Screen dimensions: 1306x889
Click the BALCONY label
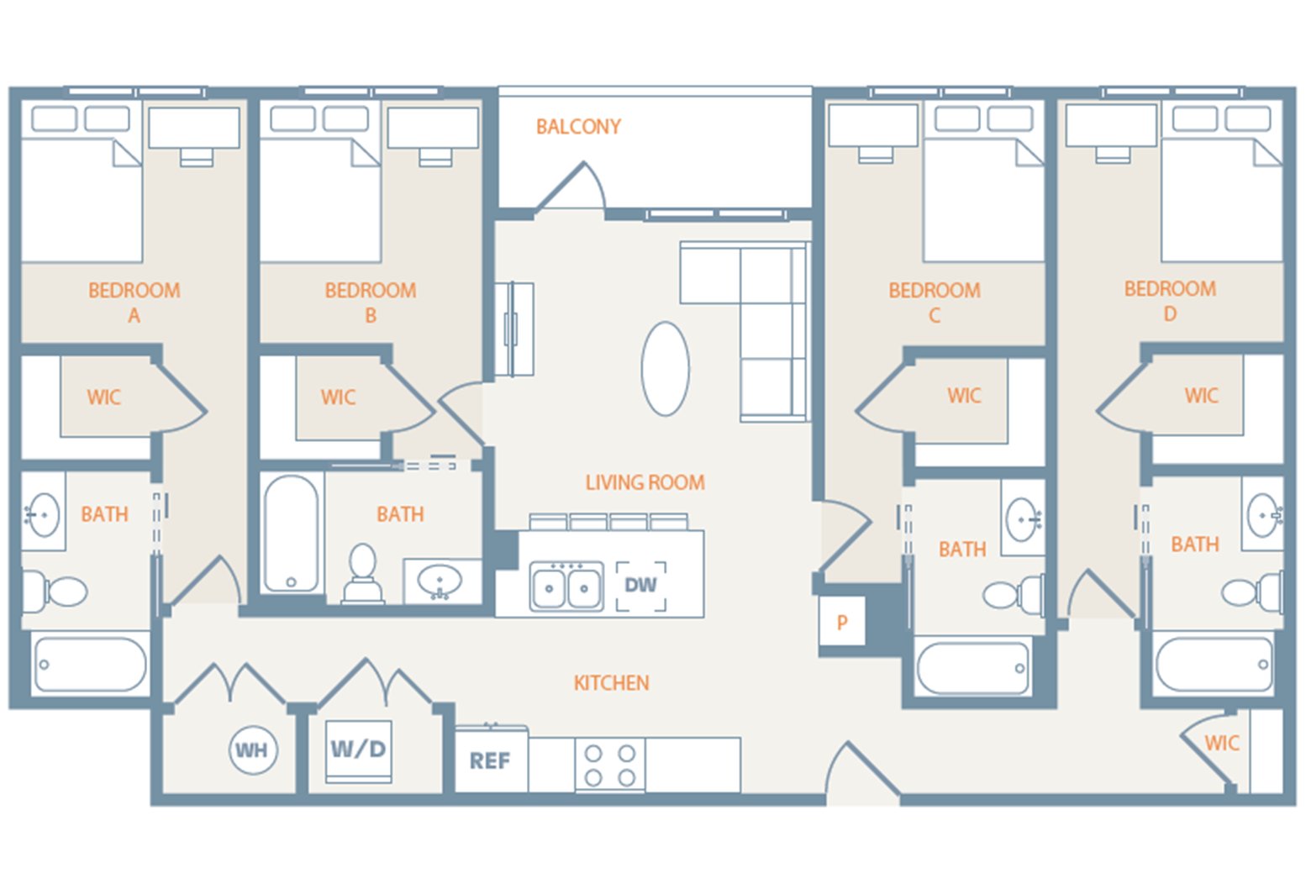578,127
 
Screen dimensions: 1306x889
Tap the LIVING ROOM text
645,482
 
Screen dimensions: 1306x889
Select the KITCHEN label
611,682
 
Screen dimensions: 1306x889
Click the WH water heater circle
253,750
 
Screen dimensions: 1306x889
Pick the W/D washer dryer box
359,751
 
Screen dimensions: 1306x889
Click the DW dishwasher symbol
640,586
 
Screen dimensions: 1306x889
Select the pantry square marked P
842,622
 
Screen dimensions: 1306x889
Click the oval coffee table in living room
666,369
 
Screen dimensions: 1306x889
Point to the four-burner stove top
610,765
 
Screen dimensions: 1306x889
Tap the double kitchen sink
566,587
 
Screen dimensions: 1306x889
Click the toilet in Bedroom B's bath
363,574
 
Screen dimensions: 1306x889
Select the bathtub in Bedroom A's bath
91,665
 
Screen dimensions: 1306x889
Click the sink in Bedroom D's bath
1263,515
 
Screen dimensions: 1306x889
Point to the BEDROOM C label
934,302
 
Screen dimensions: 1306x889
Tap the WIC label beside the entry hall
1222,743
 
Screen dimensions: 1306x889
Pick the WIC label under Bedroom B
338,397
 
